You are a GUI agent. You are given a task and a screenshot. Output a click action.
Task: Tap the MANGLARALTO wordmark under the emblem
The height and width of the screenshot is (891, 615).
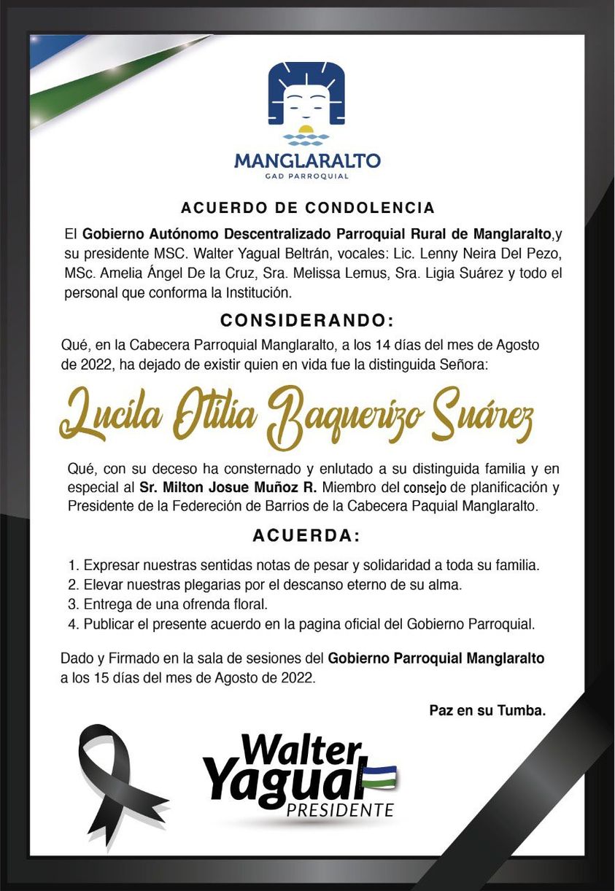tap(307, 160)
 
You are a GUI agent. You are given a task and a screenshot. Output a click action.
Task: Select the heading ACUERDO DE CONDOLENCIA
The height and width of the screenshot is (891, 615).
tap(307, 208)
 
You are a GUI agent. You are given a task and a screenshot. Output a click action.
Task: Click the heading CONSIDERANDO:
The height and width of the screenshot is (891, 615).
tap(307, 320)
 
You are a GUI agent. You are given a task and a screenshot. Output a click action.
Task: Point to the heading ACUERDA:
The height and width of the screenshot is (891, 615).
tap(307, 536)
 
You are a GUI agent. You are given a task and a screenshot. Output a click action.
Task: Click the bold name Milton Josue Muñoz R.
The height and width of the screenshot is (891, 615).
tap(227, 487)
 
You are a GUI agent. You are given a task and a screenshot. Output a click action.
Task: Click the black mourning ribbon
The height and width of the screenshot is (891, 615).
tap(117, 780)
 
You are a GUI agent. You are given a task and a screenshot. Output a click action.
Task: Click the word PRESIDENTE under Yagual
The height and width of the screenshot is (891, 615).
tap(340, 810)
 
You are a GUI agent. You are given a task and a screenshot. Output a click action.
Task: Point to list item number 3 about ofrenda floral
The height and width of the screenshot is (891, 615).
tap(168, 604)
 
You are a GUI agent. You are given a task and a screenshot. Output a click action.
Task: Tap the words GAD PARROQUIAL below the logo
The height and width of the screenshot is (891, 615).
tap(307, 176)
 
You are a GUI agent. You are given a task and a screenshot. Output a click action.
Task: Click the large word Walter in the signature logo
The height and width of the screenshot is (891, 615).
tap(301, 750)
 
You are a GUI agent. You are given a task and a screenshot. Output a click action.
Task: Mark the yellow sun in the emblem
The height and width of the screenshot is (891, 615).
tap(306, 131)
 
